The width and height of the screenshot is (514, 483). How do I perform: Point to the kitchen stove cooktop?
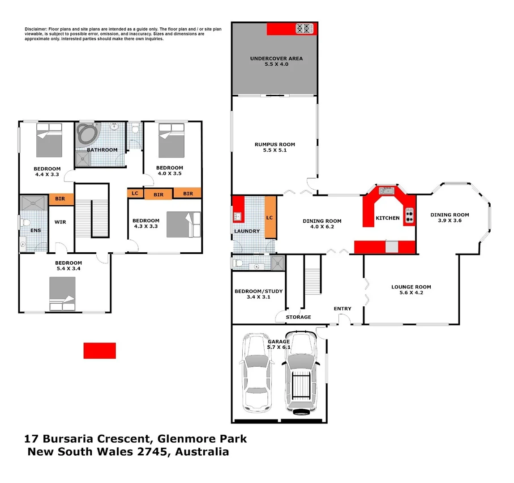(x=409, y=216)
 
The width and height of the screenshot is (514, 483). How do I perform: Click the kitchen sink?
(x=388, y=191)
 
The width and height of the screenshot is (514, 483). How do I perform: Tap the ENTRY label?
(x=343, y=309)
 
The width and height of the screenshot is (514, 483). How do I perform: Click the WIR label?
(x=60, y=222)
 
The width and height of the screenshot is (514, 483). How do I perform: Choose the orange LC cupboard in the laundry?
(x=270, y=217)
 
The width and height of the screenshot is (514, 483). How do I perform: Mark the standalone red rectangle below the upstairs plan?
(x=99, y=351)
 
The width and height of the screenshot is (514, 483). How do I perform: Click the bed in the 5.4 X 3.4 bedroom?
(x=62, y=294)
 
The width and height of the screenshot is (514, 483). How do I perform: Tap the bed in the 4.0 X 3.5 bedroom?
(x=171, y=140)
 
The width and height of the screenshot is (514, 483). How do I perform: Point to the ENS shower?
(x=34, y=203)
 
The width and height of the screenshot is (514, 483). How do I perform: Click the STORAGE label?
(x=298, y=317)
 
